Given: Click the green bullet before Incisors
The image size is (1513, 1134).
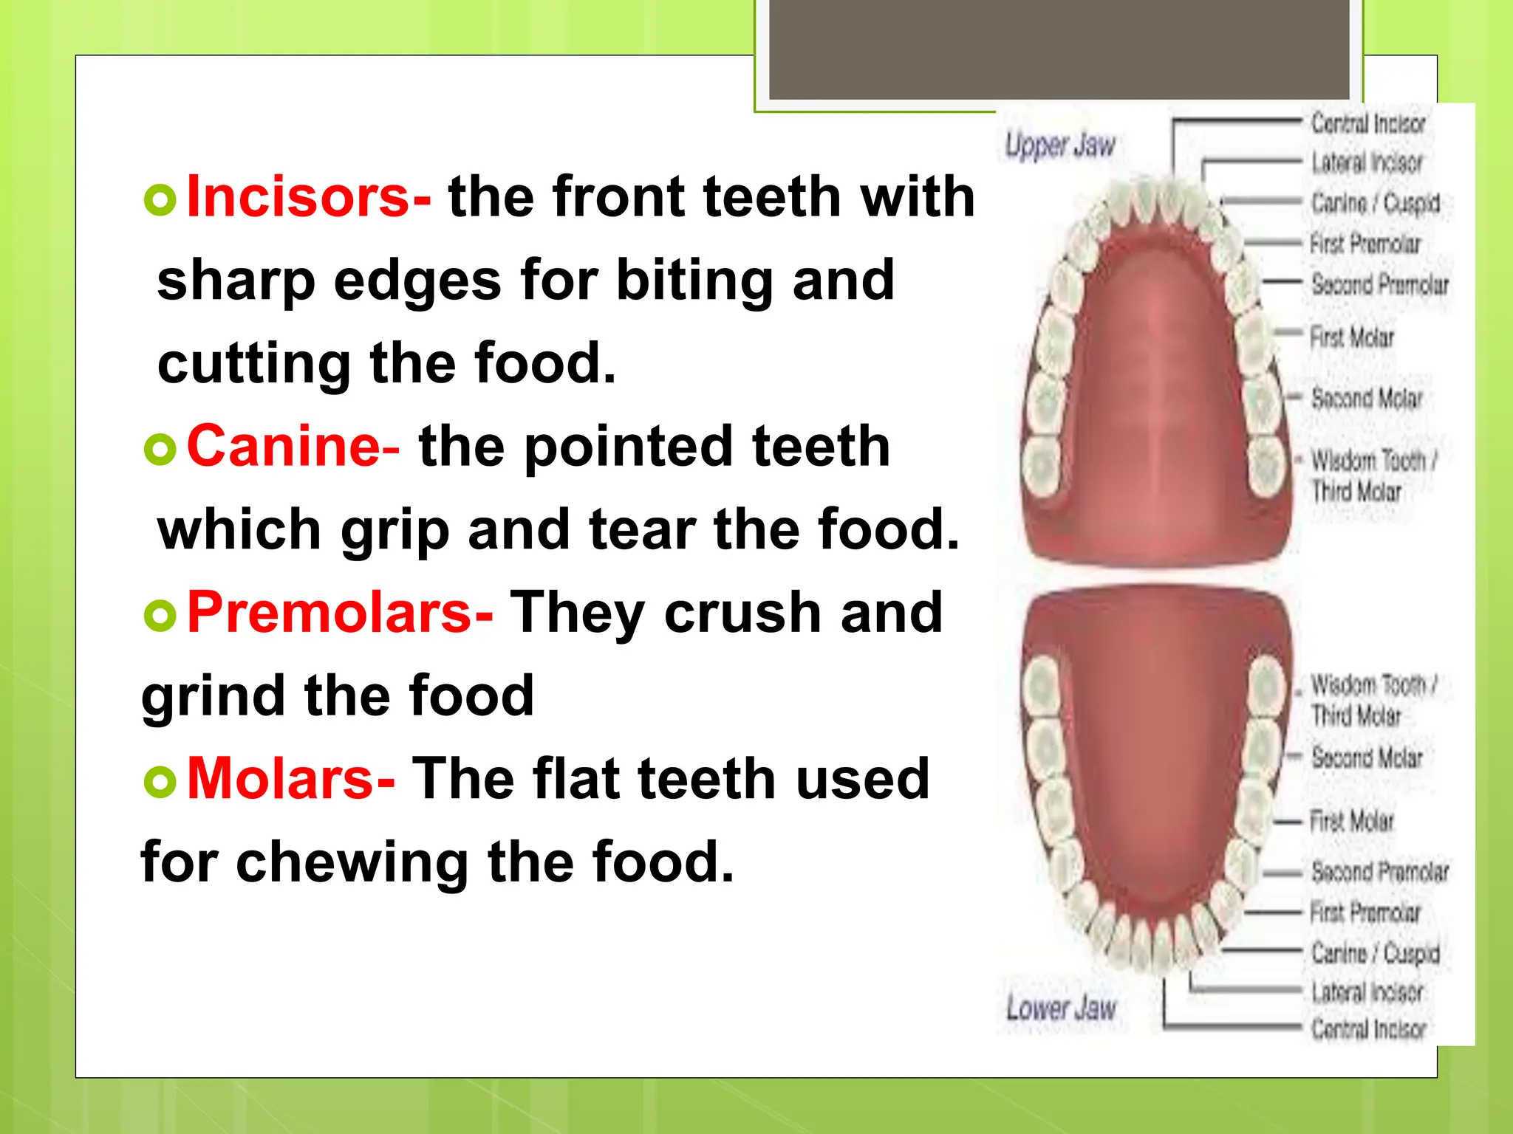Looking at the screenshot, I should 160,200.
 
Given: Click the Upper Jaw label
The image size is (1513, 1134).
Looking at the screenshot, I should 1060,145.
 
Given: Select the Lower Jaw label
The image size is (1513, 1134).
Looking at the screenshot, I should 1061,1008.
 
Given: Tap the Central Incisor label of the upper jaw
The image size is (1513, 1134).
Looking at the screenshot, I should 1368,123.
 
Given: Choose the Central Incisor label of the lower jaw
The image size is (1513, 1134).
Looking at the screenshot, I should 1368,1028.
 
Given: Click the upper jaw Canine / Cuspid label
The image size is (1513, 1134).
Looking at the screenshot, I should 1375,202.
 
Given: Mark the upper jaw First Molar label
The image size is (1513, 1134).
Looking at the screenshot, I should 1352,337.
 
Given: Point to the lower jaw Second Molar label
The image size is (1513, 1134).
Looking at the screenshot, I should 1367,757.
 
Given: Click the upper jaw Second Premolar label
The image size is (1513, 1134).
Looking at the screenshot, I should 1379,284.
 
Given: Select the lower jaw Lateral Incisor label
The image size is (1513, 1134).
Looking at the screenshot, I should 1367,992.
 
